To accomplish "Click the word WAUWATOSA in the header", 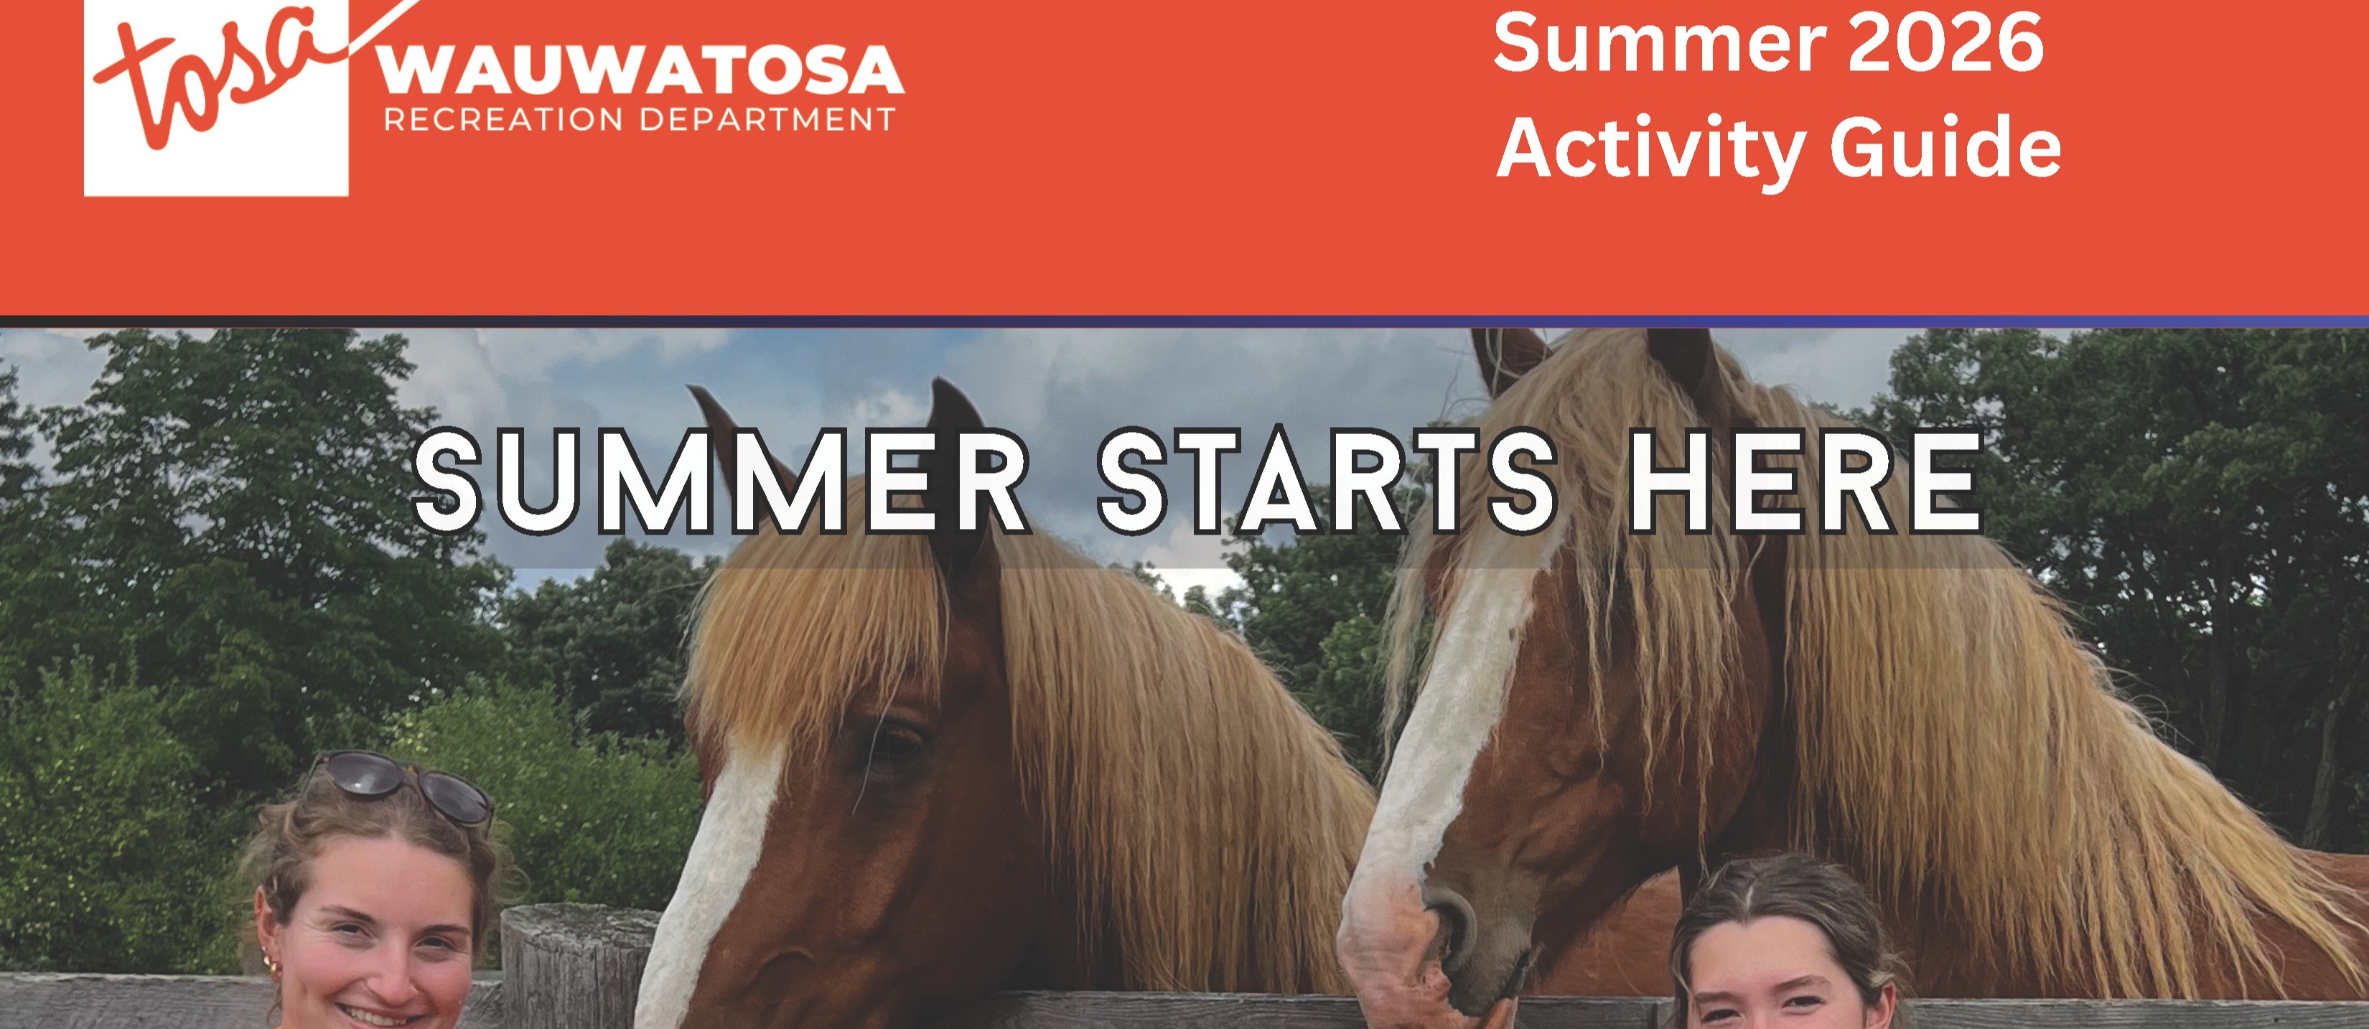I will (x=641, y=71).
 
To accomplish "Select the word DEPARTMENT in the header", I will (x=768, y=120).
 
